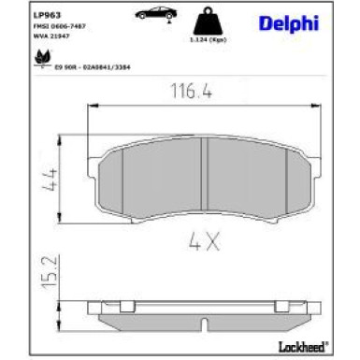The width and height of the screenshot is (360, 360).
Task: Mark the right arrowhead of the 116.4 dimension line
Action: pos(319,110)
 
